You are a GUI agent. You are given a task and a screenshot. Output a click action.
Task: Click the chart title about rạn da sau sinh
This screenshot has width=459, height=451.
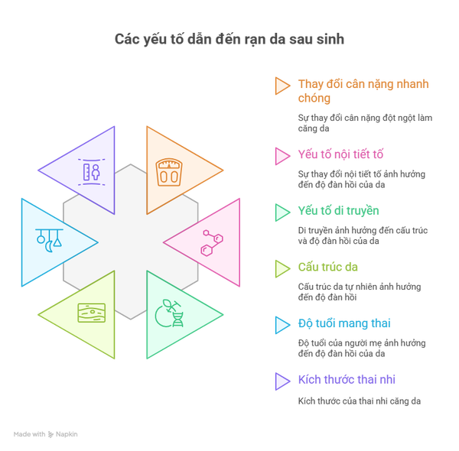pyautogui.click(x=229, y=40)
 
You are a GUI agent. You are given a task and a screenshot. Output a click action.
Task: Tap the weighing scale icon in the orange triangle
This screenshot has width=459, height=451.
pyautogui.click(x=168, y=172)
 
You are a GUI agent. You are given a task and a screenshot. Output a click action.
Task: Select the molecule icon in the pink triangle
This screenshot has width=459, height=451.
pyautogui.click(x=212, y=243)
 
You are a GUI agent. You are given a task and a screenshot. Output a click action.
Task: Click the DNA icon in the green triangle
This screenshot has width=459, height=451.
pyautogui.click(x=170, y=313)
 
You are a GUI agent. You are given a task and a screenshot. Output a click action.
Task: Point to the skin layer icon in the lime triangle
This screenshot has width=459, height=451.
pyautogui.click(x=91, y=313)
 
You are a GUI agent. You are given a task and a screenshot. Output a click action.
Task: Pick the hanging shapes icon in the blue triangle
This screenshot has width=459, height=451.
pyautogui.click(x=49, y=240)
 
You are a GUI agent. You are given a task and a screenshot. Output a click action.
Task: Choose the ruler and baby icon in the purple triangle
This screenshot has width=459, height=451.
pyautogui.click(x=91, y=172)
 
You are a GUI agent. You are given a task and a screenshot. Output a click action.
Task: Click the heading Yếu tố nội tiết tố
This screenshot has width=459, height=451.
pyautogui.click(x=340, y=154)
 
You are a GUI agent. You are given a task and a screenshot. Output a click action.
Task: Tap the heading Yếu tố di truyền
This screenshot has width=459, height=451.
pyautogui.click(x=338, y=210)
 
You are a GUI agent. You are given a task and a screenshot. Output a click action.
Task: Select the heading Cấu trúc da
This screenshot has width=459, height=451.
pyautogui.click(x=328, y=267)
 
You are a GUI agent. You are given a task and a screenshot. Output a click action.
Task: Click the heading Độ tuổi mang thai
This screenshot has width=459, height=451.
pyautogui.click(x=344, y=323)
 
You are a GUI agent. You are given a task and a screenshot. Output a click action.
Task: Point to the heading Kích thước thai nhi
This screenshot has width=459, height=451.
pyautogui.click(x=347, y=380)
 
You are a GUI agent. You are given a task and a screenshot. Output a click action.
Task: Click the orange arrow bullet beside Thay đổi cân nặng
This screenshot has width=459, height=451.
pyautogui.click(x=282, y=86)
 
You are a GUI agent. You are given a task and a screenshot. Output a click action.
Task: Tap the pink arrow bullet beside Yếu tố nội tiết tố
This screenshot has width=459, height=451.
pyautogui.click(x=282, y=156)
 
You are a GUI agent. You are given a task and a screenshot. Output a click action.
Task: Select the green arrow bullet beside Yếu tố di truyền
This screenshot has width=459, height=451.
pyautogui.click(x=282, y=213)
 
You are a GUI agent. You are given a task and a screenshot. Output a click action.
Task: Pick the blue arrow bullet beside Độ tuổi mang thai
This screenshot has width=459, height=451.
pyautogui.click(x=282, y=325)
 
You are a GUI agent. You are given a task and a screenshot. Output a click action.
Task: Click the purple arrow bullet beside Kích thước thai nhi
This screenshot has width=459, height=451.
pyautogui.click(x=282, y=381)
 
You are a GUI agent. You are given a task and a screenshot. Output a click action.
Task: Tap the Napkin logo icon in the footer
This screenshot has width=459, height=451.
pyautogui.click(x=50, y=434)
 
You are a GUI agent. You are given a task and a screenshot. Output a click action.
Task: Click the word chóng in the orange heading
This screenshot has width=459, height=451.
pyautogui.click(x=314, y=99)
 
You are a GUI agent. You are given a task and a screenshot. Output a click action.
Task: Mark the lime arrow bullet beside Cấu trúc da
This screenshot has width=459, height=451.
pyautogui.click(x=282, y=269)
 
